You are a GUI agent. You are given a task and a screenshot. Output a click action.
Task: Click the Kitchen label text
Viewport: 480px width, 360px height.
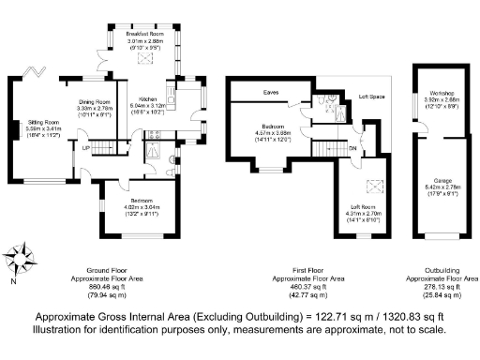[x=150, y=98]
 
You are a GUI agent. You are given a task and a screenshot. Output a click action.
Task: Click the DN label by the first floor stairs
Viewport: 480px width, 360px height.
[x=354, y=149]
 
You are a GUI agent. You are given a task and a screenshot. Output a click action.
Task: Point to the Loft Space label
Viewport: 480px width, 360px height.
[x=371, y=97]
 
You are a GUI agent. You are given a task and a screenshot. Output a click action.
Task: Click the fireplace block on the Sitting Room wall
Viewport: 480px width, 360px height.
[x=13, y=129]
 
